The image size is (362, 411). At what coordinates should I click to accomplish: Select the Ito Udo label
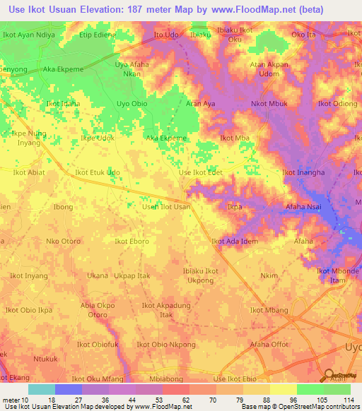[165, 34]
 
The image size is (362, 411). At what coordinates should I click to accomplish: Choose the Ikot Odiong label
[337, 104]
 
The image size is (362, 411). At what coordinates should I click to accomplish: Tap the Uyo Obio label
[132, 104]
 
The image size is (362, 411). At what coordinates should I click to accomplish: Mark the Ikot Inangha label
[303, 172]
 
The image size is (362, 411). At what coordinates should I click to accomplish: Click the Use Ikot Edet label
[201, 172]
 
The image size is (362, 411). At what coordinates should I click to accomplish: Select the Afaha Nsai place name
[305, 207]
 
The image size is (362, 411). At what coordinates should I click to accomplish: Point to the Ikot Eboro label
[132, 242]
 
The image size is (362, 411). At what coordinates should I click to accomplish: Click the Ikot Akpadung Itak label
[166, 310]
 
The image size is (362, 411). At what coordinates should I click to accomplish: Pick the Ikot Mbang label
[269, 310]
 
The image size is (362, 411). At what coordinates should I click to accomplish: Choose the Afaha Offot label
[269, 345]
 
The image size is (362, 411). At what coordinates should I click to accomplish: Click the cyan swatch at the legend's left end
[41, 388]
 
